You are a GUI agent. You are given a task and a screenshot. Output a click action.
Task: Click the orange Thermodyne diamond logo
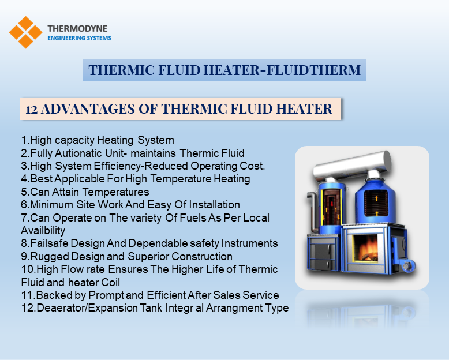pos(26,32)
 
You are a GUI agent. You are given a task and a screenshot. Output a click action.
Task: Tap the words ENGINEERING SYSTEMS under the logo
pos(79,38)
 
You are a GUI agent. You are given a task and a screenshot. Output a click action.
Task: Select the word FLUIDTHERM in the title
pos(313,70)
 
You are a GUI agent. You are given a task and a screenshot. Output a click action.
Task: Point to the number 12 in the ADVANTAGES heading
pos(32,110)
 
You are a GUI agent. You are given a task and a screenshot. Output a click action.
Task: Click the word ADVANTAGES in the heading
pos(88,109)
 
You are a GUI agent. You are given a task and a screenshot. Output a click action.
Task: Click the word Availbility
pos(43,231)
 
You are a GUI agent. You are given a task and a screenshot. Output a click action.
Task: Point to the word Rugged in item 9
pos(50,257)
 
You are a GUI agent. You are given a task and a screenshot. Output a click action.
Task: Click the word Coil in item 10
pos(110,283)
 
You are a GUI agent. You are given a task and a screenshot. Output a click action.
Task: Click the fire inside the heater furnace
pos(365,248)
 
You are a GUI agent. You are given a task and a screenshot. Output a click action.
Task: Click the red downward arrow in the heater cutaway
pos(332,204)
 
